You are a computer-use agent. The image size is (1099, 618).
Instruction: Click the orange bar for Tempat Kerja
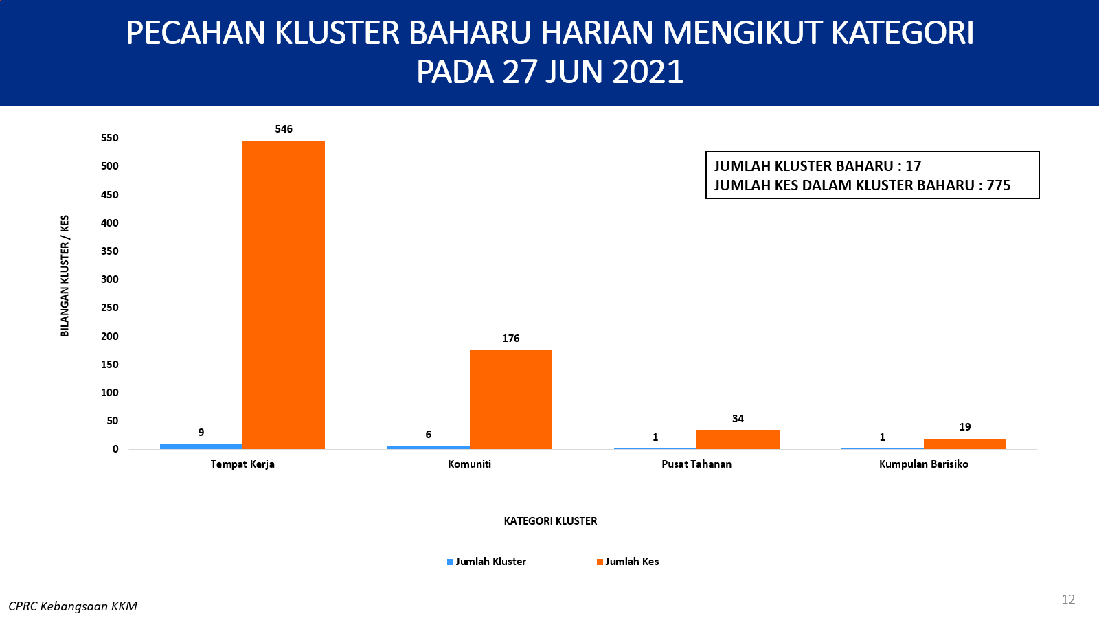[284, 295]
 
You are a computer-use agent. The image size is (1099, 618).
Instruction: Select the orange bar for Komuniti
[511, 399]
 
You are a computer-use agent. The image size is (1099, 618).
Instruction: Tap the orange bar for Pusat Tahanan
[738, 439]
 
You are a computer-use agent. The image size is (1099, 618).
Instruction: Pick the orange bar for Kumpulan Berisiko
[965, 444]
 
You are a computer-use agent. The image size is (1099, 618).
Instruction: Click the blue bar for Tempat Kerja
[201, 446]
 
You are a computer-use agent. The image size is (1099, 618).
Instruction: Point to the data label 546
[284, 129]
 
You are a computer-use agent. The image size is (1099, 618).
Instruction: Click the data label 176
[511, 339]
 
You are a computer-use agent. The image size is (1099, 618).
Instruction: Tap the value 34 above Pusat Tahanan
[738, 419]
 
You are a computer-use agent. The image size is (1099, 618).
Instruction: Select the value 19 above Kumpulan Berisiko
[965, 427]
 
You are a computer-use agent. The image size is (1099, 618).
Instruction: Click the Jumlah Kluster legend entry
[486, 562]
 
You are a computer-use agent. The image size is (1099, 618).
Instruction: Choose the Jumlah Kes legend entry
[628, 562]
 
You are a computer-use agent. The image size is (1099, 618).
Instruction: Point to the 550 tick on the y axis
[110, 138]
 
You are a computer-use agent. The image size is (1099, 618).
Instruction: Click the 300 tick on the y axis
[110, 279]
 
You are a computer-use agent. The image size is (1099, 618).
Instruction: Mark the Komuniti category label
[470, 464]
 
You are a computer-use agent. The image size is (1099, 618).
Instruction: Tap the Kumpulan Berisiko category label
[924, 464]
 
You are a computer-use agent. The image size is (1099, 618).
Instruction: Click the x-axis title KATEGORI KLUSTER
[550, 521]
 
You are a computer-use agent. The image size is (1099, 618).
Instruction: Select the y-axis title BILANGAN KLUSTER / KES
[65, 276]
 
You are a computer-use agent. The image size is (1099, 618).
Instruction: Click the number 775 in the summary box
[999, 185]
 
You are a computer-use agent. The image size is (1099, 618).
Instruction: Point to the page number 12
[1068, 599]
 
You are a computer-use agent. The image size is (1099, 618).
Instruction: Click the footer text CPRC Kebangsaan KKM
[73, 607]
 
